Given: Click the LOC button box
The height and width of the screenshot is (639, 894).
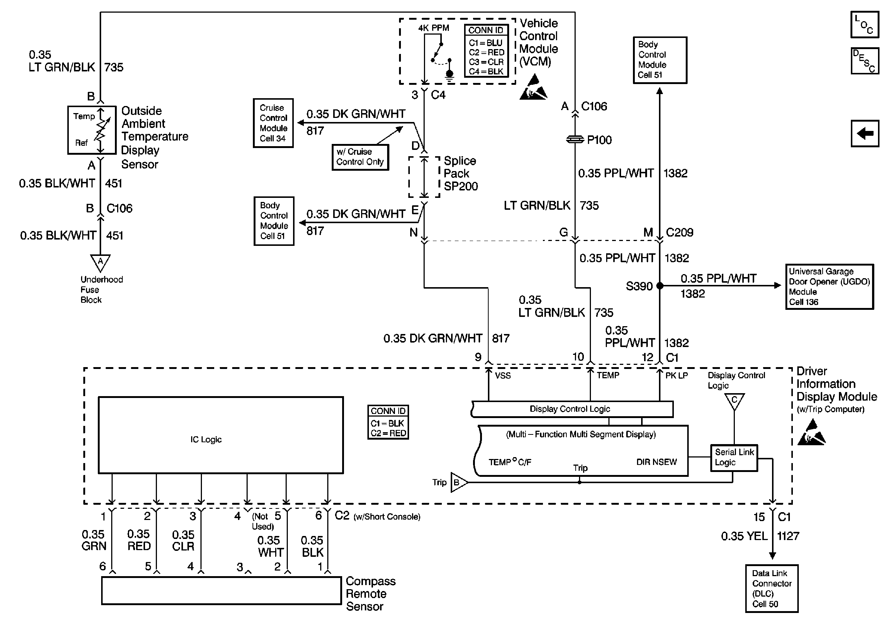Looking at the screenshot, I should pos(864,25).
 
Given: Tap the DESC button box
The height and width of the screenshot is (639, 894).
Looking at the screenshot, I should pos(864,61).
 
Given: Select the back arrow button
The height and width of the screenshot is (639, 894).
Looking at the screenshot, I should pos(864,134).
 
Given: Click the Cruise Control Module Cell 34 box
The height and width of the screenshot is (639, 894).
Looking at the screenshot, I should pos(273,123).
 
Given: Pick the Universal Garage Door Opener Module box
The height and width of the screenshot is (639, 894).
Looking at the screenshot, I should pos(829,286).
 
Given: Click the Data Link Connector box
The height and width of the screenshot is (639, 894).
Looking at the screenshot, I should pos(771,588).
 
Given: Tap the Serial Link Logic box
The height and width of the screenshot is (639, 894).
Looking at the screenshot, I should pos(733,457).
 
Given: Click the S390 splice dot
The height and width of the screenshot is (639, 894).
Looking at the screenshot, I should pos(660,286).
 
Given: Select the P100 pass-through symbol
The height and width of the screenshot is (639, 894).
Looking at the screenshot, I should pos(575,140).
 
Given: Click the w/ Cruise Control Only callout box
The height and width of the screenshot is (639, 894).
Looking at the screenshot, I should pos(360,157).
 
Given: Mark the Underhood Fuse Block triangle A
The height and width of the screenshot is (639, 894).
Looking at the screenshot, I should pos(100,262).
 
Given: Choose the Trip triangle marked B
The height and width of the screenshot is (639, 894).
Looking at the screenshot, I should pos(458,482).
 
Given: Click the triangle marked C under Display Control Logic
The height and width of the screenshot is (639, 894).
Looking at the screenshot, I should pos(734,401).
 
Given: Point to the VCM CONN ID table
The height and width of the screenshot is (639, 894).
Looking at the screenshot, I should pos(486,51).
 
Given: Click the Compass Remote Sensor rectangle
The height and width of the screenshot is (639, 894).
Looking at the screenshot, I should pos(221,590).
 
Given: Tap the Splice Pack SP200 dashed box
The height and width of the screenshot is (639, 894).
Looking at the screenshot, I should pos(424,177).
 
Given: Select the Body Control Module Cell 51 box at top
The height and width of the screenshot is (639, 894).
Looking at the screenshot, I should pos(660,60).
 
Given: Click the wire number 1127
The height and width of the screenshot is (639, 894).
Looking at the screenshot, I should pos(788,536).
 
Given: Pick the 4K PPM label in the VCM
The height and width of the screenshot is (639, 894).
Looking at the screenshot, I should pos(434,28).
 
